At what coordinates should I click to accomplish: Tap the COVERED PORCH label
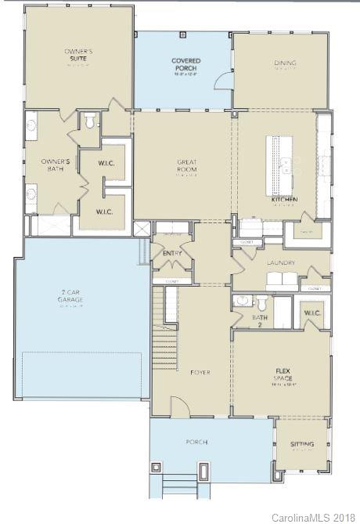point(185,64)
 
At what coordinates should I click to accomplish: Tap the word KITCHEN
point(284,201)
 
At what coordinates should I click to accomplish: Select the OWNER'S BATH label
point(56,164)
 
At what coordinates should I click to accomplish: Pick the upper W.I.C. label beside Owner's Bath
point(106,164)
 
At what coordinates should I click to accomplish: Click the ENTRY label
point(172,253)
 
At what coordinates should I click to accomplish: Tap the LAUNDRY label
point(279,263)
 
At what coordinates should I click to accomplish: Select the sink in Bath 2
point(242,301)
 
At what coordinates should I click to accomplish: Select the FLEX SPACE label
point(283,373)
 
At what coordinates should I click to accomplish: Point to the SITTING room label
point(302,444)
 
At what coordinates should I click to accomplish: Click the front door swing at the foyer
point(179,406)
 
